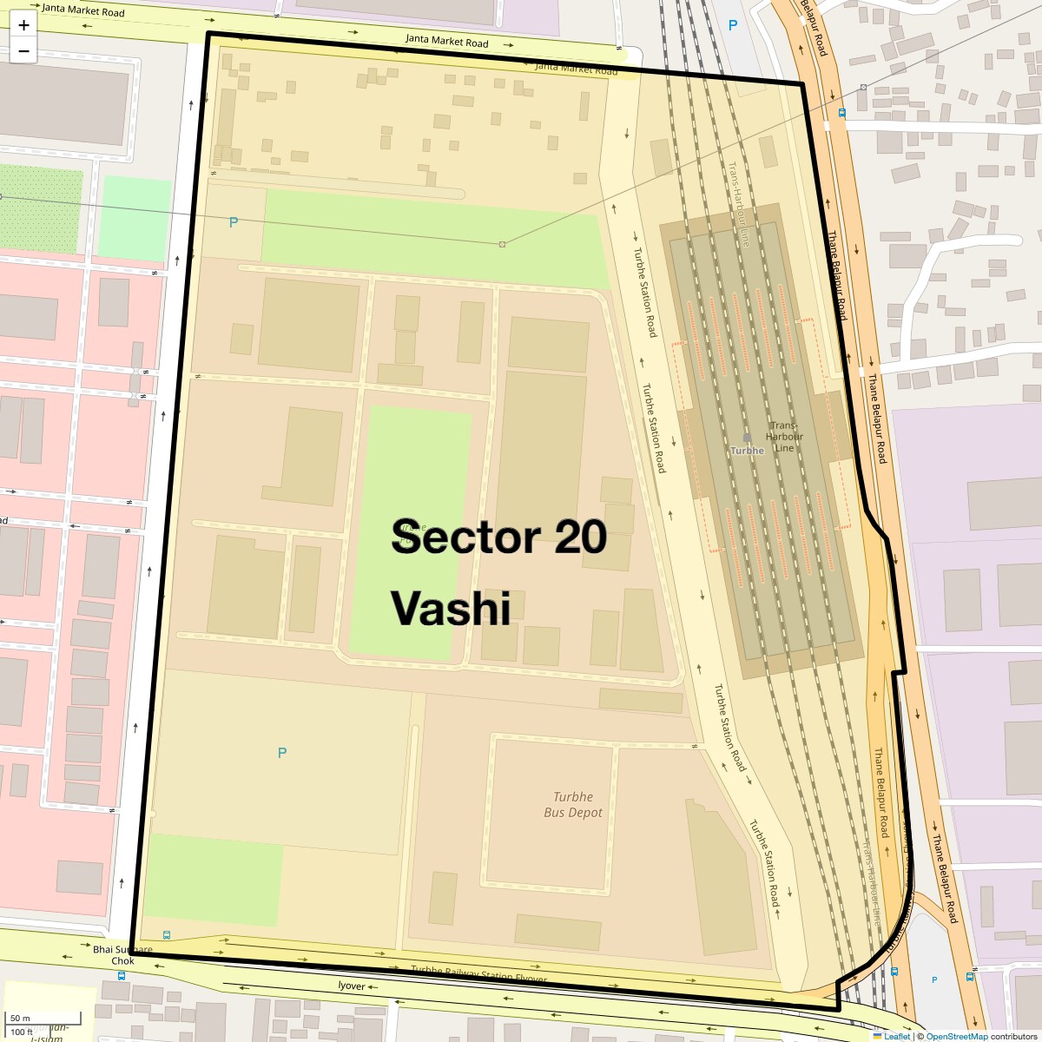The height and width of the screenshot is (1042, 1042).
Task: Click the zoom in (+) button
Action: click(23, 25)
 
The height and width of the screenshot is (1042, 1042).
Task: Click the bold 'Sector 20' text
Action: click(498, 537)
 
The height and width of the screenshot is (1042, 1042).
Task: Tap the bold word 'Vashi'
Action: click(450, 608)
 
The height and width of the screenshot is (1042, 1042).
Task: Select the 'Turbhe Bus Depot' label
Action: click(573, 805)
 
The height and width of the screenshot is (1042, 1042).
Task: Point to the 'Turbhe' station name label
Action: click(748, 451)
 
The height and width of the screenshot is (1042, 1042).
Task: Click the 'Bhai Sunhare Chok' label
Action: click(122, 955)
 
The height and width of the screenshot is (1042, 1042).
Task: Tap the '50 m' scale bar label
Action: click(21, 1018)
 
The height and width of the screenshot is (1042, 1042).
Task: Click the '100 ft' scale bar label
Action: click(23, 1032)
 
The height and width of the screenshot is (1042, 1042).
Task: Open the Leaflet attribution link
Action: click(896, 1036)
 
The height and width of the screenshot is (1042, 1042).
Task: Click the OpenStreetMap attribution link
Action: click(956, 1036)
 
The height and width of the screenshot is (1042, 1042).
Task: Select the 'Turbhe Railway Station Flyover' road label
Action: click(478, 974)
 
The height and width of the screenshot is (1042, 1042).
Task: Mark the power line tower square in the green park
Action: click(502, 244)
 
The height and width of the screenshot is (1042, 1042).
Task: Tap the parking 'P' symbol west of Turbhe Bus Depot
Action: click(281, 753)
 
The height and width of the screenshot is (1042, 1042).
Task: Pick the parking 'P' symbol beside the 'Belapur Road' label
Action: click(732, 26)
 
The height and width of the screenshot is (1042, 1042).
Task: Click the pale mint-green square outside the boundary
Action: click(135, 219)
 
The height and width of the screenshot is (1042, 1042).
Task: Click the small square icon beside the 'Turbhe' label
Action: click(747, 438)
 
